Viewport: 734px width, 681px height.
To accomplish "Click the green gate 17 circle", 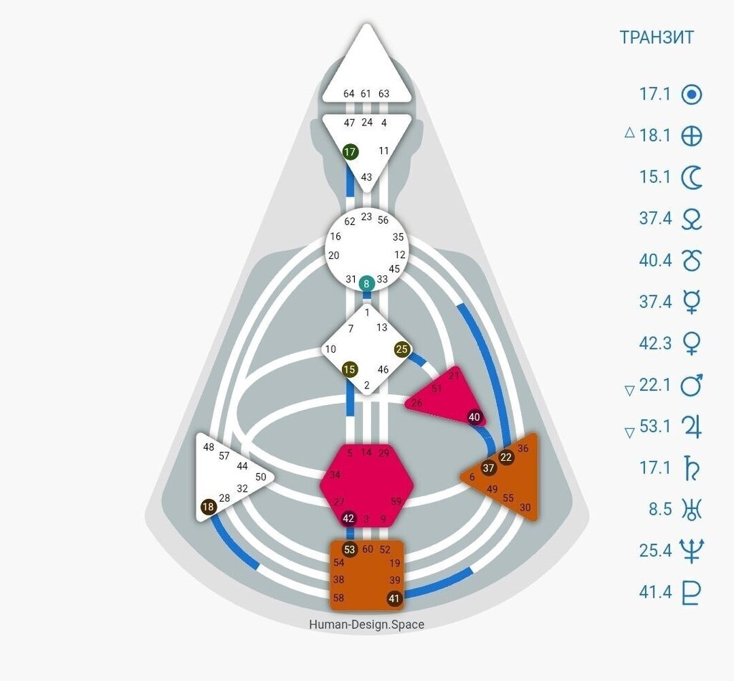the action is point(350,152).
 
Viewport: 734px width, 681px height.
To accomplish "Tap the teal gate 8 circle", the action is point(367,283).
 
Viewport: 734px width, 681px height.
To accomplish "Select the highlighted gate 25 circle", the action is point(402,349).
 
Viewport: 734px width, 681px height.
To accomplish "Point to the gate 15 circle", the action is point(349,370).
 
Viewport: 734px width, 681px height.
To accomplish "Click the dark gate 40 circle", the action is point(475,416).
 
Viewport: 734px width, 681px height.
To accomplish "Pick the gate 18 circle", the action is point(209,507).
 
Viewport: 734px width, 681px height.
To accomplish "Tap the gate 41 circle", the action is point(394,599).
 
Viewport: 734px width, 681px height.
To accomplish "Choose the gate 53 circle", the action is point(350,550).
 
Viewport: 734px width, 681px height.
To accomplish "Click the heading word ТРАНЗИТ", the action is point(657,38).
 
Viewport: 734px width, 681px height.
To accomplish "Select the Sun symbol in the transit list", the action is point(691,94).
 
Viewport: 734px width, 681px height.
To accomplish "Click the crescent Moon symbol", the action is point(691,177).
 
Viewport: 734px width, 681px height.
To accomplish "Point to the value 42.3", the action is point(655,343).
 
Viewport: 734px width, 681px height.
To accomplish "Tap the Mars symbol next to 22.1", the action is point(691,385).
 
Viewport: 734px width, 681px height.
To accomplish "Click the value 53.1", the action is point(655,427).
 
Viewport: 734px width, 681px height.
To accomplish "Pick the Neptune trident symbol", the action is point(691,551).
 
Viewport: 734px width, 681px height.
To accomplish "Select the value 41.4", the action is point(655,593).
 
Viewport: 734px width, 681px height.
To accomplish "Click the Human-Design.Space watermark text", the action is point(366,624).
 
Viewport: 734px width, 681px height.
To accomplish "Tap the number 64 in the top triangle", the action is point(349,94).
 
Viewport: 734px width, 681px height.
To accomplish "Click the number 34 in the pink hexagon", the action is point(335,475).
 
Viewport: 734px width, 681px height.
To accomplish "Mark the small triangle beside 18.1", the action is point(629,132).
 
